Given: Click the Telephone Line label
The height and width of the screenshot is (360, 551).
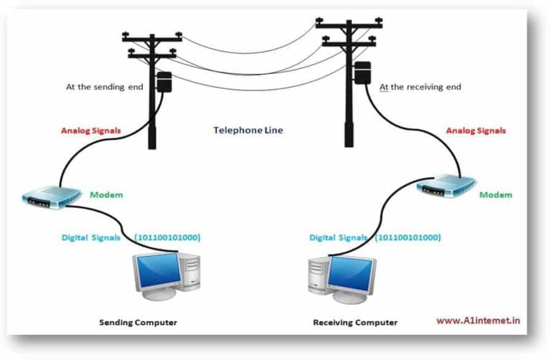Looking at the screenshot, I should tap(248, 131).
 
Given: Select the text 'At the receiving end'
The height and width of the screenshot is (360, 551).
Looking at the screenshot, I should tap(420, 87).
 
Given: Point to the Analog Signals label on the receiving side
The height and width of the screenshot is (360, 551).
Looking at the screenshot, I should tap(476, 131).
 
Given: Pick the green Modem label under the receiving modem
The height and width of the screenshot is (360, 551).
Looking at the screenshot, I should tap(495, 194).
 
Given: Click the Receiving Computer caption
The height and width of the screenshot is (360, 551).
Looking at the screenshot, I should tap(354, 322).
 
